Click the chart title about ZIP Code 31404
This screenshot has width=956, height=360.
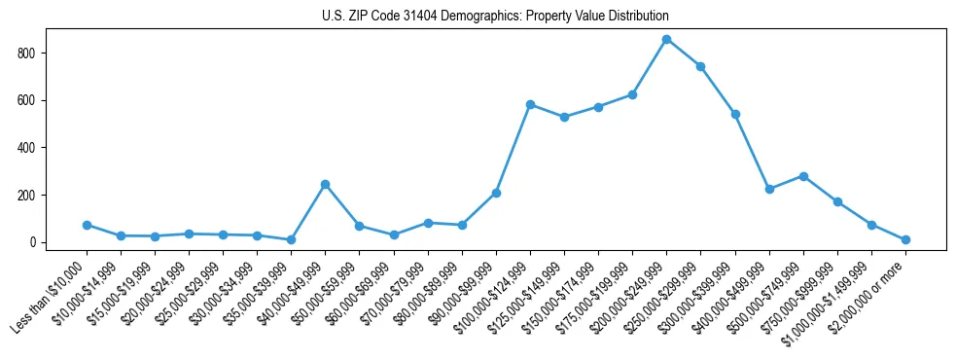(495, 17)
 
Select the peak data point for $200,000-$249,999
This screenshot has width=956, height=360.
(666, 39)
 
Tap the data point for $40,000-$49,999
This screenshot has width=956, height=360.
(325, 184)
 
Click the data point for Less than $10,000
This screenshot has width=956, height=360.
(87, 225)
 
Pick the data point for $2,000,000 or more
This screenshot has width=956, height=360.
(905, 239)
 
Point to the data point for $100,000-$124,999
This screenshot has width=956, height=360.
(530, 104)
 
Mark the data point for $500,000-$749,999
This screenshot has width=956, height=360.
(803, 176)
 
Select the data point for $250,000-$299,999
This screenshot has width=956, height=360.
(700, 66)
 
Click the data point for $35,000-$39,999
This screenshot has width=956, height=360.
(291, 239)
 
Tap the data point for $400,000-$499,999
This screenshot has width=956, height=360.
(769, 189)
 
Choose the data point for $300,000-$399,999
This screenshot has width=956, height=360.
(735, 114)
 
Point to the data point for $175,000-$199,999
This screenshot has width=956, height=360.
(632, 94)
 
